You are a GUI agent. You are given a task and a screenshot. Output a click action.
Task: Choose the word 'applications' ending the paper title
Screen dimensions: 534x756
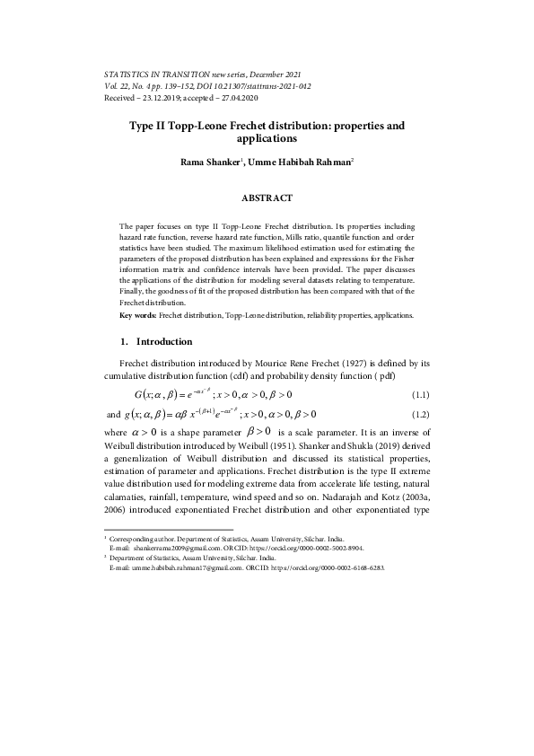[x=267, y=140]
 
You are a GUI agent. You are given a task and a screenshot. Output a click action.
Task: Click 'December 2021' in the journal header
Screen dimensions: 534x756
[x=269, y=73]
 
